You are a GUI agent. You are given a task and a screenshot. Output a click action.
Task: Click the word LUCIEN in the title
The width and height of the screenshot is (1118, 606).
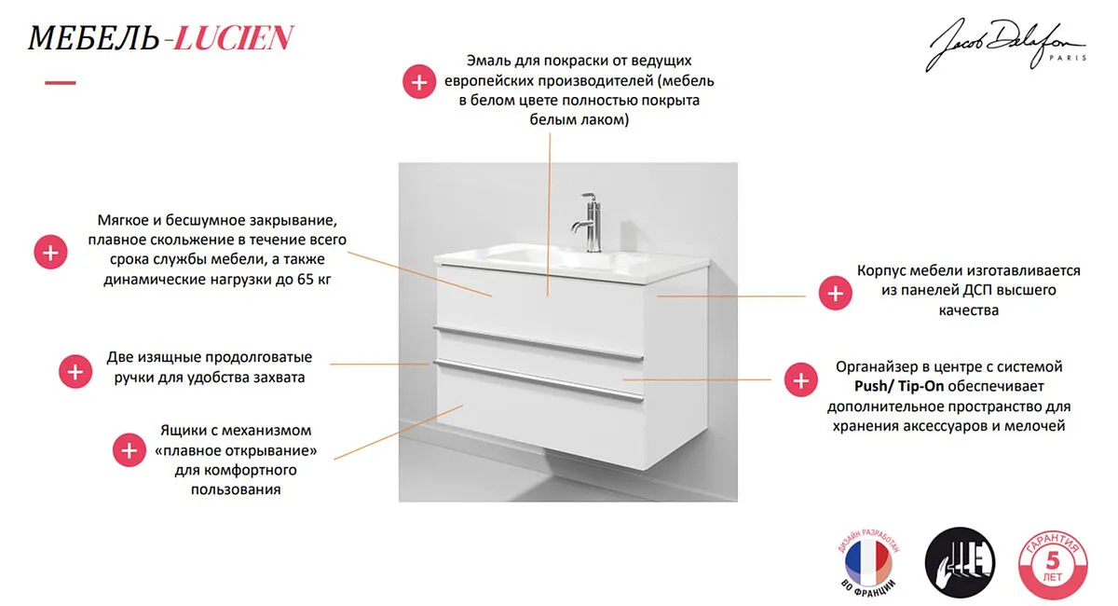tap(234, 38)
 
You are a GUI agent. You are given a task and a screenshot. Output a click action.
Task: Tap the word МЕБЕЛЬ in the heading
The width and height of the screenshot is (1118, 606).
tap(93, 38)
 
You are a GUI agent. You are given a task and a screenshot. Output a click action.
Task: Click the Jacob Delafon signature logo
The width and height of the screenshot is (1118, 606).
tap(1004, 46)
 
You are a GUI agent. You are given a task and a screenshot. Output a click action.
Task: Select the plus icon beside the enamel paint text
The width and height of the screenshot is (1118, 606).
tap(419, 81)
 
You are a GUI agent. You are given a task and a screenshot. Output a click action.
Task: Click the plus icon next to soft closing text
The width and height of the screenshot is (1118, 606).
tap(50, 252)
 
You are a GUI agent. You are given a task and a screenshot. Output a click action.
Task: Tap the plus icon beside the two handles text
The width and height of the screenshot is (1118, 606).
tap(75, 371)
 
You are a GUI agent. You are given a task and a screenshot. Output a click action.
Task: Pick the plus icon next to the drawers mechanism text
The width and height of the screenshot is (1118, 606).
tap(130, 449)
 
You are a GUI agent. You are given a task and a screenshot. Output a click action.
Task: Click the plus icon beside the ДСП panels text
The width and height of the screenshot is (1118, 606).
tap(836, 293)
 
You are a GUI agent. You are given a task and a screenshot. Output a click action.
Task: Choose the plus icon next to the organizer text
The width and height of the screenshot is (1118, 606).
tap(801, 379)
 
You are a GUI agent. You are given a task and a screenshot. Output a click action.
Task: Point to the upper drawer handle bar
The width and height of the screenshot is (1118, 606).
tap(539, 343)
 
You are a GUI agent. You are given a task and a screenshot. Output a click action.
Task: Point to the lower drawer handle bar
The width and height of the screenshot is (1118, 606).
tap(539, 379)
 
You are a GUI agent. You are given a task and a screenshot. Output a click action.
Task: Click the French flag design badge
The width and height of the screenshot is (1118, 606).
tap(868, 561)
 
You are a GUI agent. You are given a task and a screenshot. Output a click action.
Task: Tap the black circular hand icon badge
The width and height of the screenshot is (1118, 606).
tap(960, 562)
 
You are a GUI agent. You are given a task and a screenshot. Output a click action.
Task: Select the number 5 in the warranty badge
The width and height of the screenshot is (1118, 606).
tap(1053, 560)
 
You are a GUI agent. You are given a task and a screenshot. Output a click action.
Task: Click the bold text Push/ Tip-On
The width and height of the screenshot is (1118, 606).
tap(899, 386)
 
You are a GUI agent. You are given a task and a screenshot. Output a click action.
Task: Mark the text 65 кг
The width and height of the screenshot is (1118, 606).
tap(315, 279)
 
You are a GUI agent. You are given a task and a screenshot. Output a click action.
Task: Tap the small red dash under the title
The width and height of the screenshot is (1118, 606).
tap(61, 82)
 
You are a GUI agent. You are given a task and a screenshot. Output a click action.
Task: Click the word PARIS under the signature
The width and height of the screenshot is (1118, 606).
tap(1068, 58)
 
